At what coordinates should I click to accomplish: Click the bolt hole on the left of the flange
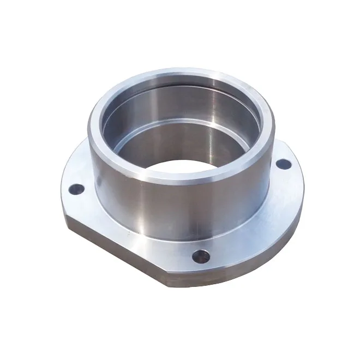coord(77,190)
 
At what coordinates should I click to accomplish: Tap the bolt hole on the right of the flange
coord(282,163)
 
